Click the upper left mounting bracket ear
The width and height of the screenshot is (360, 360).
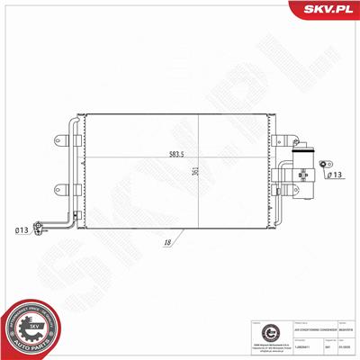tap(61, 139)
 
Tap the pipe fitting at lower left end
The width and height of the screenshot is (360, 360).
tap(39, 228)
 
